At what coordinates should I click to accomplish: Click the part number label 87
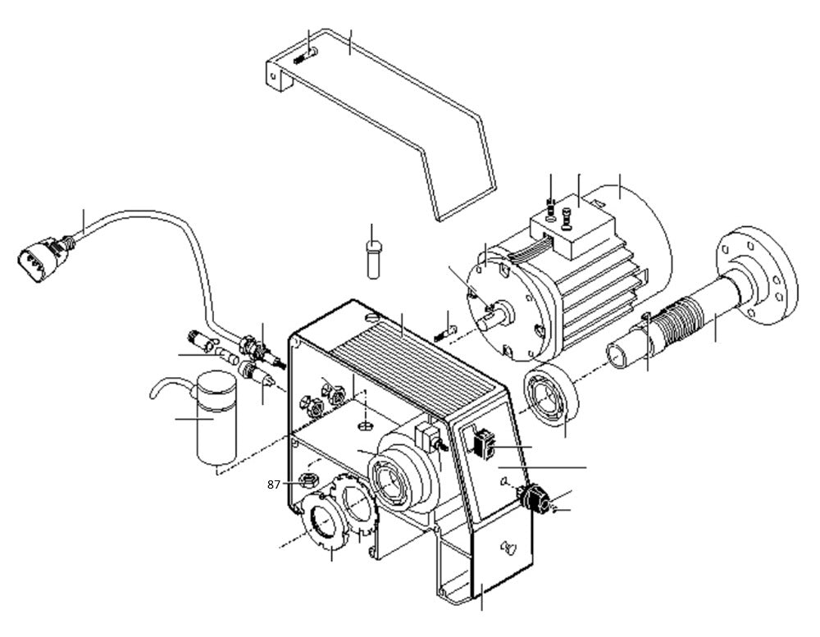tap(274, 485)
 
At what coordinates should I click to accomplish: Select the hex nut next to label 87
tap(308, 479)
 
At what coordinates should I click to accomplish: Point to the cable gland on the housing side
tap(534, 498)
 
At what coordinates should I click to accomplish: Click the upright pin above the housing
tap(373, 258)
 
